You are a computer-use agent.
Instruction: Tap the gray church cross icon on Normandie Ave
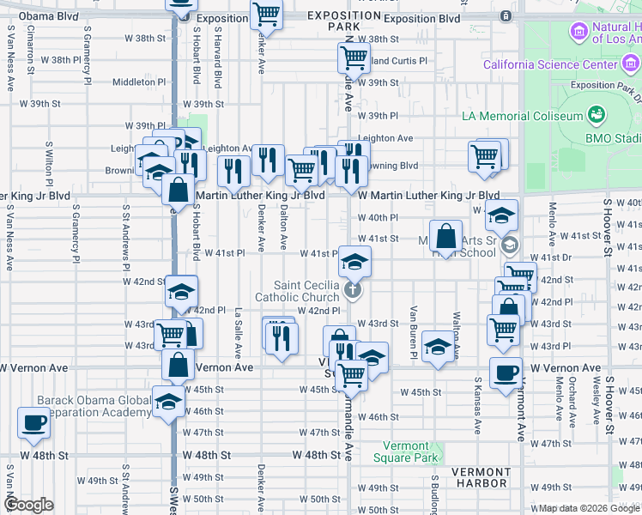pyautogui.click(x=352, y=290)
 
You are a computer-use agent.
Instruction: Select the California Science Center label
pyautogui.click(x=548, y=65)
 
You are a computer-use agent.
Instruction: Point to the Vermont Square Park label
pyautogui.click(x=400, y=451)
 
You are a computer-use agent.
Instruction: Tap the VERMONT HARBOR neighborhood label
pyautogui.click(x=481, y=480)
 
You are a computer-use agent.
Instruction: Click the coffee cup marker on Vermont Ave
pyautogui.click(x=506, y=373)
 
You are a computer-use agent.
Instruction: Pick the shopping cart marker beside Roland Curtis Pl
pyautogui.click(x=353, y=59)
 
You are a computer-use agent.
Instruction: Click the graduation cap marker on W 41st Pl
pyautogui.click(x=354, y=261)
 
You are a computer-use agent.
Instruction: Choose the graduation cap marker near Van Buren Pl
pyautogui.click(x=438, y=347)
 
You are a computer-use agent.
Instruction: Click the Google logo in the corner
pyautogui.click(x=29, y=505)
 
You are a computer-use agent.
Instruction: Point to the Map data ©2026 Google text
pyautogui.click(x=588, y=508)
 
